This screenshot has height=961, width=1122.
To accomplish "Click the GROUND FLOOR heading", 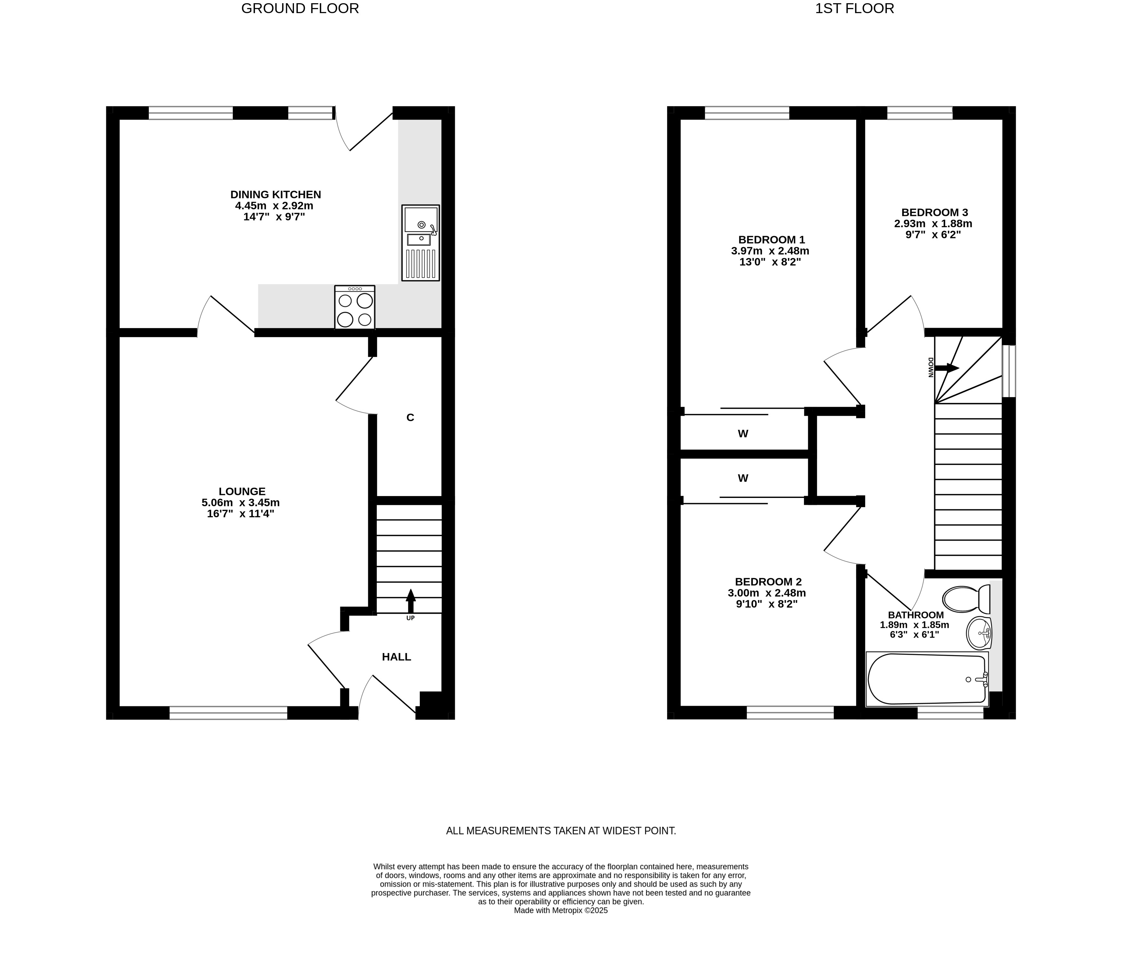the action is click(x=300, y=9).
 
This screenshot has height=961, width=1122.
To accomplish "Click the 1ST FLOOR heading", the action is click(x=855, y=9).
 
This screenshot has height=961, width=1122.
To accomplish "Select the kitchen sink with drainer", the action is click(x=420, y=242).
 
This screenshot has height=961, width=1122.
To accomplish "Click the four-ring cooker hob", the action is click(x=355, y=307).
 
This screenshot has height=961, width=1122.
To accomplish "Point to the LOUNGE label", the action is click(x=242, y=492).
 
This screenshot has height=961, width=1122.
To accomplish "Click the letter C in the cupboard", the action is click(x=410, y=417).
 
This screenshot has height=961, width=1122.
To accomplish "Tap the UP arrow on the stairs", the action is click(x=410, y=601).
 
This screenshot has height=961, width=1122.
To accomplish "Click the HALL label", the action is click(x=396, y=657).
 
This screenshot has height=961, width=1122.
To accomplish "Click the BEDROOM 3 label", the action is click(x=935, y=212).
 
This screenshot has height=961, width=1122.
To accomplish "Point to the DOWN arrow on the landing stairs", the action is click(x=947, y=368).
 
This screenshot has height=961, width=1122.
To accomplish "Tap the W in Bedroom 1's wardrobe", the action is click(x=743, y=434).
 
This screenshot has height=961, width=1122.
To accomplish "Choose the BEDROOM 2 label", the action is click(x=768, y=581).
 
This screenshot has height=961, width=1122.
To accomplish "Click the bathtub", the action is click(x=927, y=679).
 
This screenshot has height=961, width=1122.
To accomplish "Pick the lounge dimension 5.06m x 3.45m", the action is click(x=241, y=502).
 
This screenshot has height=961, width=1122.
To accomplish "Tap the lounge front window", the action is click(x=228, y=713).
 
